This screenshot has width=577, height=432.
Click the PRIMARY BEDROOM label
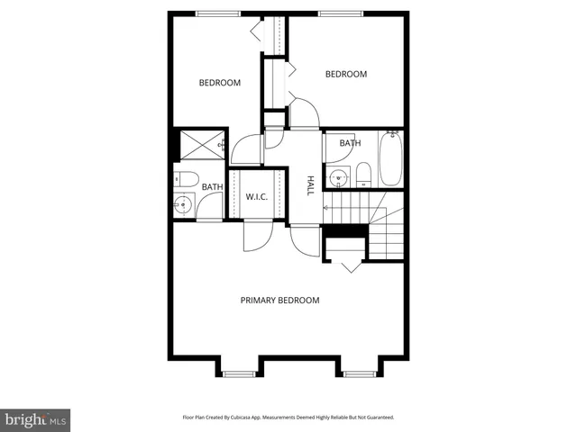coord(279,300)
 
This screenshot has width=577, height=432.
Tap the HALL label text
coord(310,185)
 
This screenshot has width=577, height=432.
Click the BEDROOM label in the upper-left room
coord(219,83)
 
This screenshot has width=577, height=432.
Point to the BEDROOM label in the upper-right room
coord(345,74)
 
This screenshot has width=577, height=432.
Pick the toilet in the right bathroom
coord(362,174)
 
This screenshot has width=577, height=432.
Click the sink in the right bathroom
coord(337,177)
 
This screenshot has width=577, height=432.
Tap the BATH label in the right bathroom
coord(350,143)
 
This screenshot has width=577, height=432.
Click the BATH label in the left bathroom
coord(212,187)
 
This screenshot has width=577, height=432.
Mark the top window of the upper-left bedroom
coord(219,13)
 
